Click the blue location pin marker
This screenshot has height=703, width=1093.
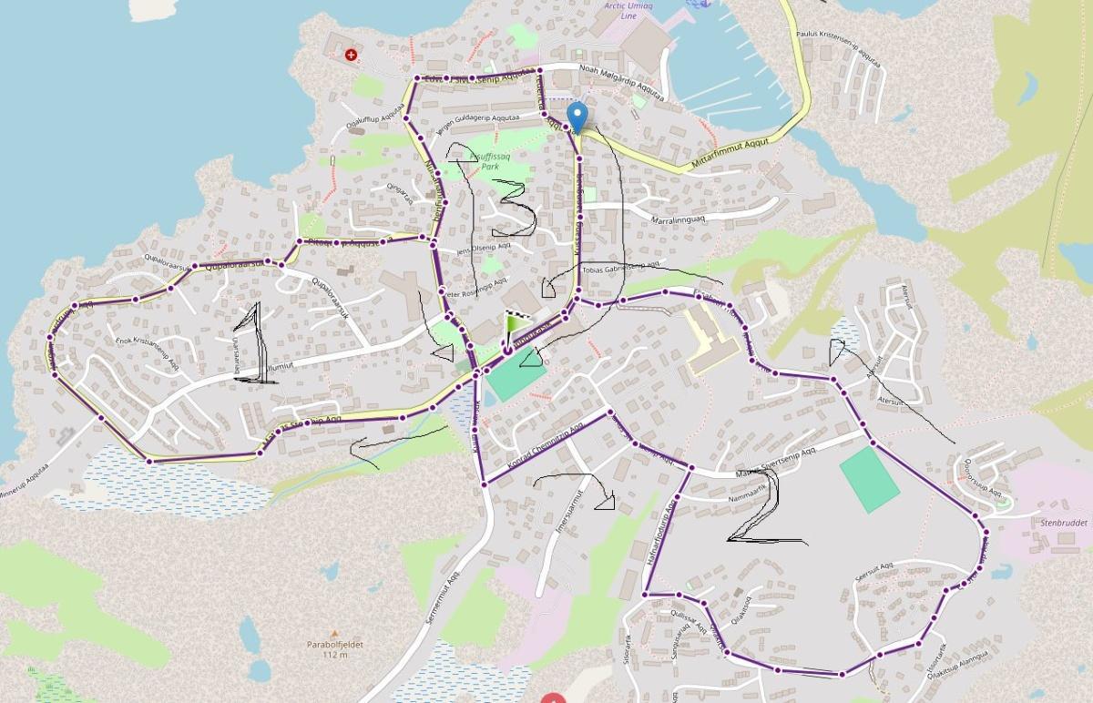click(577, 117)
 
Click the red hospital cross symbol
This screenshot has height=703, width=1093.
click(351, 55)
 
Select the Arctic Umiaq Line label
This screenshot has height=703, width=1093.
click(628, 10)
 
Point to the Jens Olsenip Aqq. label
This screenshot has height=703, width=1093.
click(482, 248)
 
